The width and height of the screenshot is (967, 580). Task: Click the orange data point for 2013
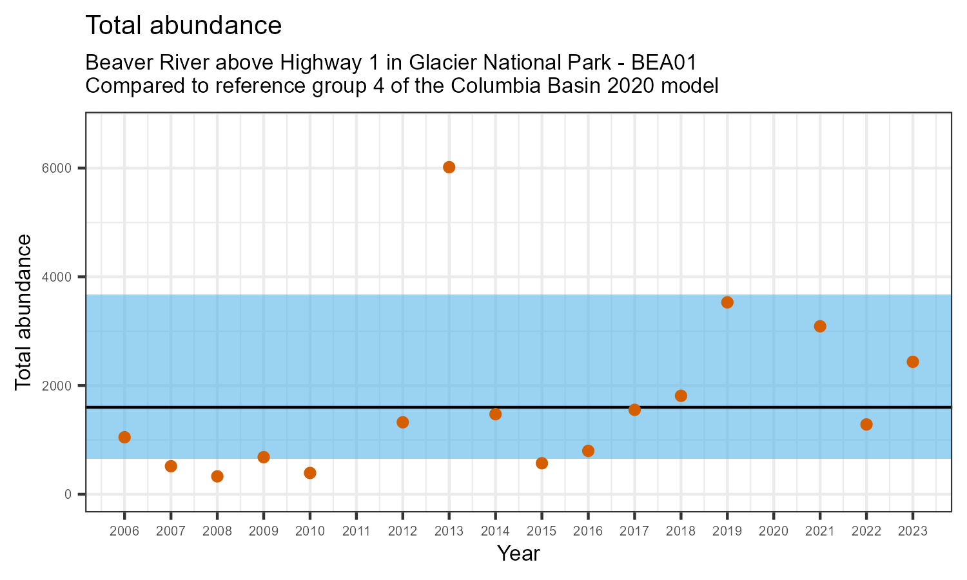pyautogui.click(x=449, y=168)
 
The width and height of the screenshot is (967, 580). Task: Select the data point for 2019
pyautogui.click(x=727, y=302)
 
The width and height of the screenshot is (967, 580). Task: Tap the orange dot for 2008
pyautogui.click(x=217, y=476)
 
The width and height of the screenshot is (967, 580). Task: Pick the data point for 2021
pyautogui.click(x=820, y=326)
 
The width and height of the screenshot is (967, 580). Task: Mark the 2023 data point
pyautogui.click(x=913, y=362)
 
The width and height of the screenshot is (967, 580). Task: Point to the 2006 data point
pyautogui.click(x=124, y=437)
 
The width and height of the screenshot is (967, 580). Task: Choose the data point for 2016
pyautogui.click(x=588, y=450)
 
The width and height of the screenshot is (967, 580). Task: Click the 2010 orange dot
pyautogui.click(x=310, y=473)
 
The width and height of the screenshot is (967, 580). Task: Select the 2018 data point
pyautogui.click(x=681, y=396)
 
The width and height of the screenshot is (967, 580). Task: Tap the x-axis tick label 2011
pyautogui.click(x=357, y=532)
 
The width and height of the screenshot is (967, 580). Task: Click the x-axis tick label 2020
pyautogui.click(x=774, y=532)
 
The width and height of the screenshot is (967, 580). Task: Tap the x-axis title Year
pyautogui.click(x=518, y=554)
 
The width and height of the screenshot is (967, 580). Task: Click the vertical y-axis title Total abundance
pyautogui.click(x=23, y=312)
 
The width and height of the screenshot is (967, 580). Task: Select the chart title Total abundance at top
pyautogui.click(x=183, y=26)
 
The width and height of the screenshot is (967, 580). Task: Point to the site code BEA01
pyautogui.click(x=665, y=63)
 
